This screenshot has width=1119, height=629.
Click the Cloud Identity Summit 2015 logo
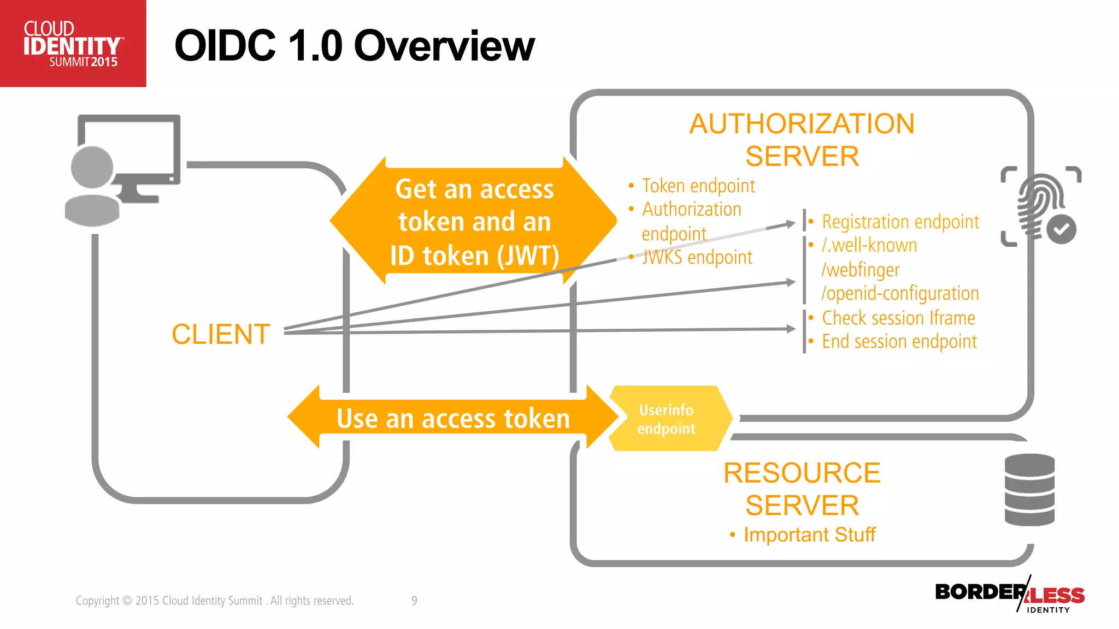pyautogui.click(x=72, y=44)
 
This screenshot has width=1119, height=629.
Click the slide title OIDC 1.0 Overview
pyautogui.click(x=354, y=46)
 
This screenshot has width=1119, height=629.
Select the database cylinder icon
pyautogui.click(x=1029, y=490)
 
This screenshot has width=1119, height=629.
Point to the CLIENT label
pyautogui.click(x=221, y=334)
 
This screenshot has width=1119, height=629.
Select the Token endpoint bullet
pyautogui.click(x=698, y=186)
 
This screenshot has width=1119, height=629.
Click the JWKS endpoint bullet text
pyautogui.click(x=697, y=257)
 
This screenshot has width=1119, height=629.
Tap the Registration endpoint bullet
pyautogui.click(x=900, y=222)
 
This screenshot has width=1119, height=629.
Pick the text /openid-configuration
pyautogui.click(x=900, y=293)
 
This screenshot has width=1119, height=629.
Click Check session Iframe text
pyautogui.click(x=898, y=318)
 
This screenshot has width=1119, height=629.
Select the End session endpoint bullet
pyautogui.click(x=899, y=341)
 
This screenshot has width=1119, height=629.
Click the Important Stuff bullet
pyautogui.click(x=809, y=535)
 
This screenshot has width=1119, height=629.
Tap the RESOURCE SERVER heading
pyautogui.click(x=802, y=489)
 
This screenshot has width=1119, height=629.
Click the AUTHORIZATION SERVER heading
pyautogui.click(x=802, y=140)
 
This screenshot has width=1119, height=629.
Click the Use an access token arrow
pyautogui.click(x=452, y=419)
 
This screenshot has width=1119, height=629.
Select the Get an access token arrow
pyautogui.click(x=474, y=222)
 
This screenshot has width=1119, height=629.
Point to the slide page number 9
pyautogui.click(x=414, y=601)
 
